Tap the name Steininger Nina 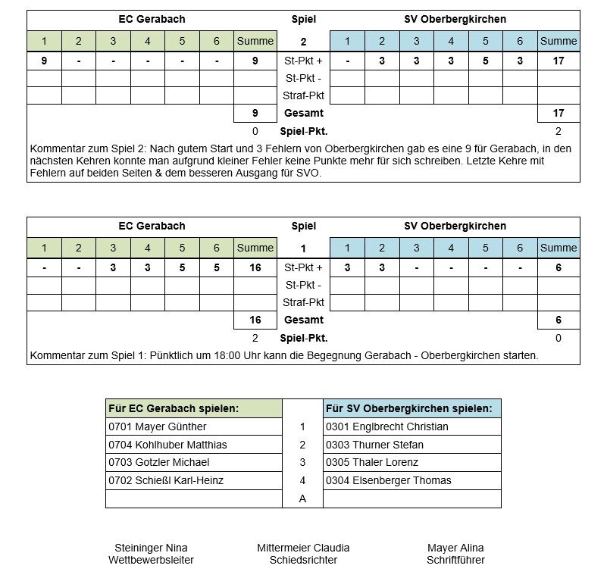click(x=151, y=548)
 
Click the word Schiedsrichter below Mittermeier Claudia click(x=303, y=560)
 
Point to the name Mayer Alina click(x=455, y=548)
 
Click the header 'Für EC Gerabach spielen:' click(x=174, y=408)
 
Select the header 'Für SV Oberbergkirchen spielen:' click(x=408, y=408)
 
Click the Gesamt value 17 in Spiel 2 click(x=559, y=113)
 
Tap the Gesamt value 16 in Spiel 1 click(x=255, y=320)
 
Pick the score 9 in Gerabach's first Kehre click(x=44, y=61)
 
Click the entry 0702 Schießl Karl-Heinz click(x=166, y=480)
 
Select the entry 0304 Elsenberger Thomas click(x=388, y=480)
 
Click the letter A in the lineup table click(x=302, y=498)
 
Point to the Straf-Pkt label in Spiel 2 click(x=303, y=95)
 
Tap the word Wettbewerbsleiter click(x=151, y=560)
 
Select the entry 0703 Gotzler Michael click(x=158, y=462)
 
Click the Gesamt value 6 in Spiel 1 click(x=559, y=320)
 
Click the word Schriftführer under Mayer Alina click(x=455, y=560)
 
